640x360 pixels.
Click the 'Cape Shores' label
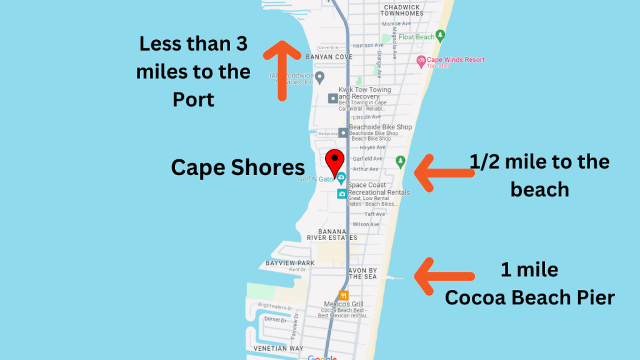(238, 167)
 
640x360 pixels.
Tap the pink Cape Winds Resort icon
(421, 61)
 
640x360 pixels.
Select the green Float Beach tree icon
(441, 36)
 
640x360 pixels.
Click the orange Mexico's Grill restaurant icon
(343, 295)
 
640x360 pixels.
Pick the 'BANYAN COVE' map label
(329, 57)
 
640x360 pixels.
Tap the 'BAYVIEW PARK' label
(290, 263)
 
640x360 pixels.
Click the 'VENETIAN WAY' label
(278, 348)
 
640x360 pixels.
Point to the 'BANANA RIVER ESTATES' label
(332, 234)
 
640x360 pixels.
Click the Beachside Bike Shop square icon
(342, 132)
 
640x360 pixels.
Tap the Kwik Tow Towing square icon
(333, 98)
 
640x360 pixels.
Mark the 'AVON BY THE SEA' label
(362, 273)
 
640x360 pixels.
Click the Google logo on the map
(322, 357)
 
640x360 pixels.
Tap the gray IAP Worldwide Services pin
(319, 77)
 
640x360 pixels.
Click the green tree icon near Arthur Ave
(401, 162)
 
